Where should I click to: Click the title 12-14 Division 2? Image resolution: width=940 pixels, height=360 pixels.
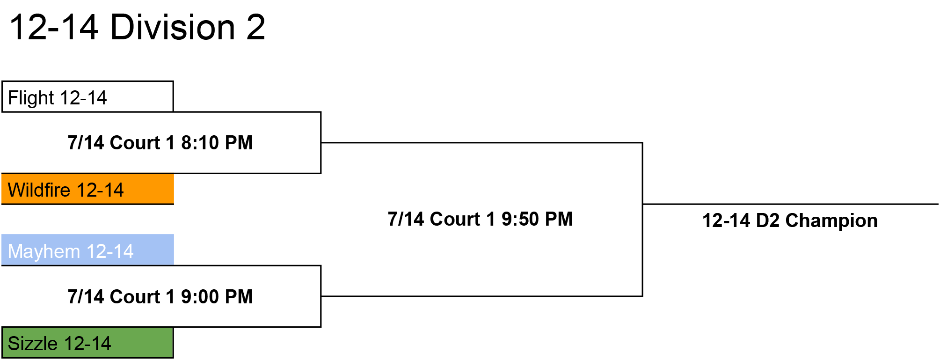(x=137, y=27)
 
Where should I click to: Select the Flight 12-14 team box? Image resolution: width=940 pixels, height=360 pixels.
(x=87, y=97)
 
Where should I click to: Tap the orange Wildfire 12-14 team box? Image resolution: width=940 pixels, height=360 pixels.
(x=87, y=189)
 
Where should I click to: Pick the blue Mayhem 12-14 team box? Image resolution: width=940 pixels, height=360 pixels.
(x=87, y=250)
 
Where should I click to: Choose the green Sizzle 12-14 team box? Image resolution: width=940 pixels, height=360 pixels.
(x=87, y=343)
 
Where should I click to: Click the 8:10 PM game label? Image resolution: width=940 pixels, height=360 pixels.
(x=160, y=143)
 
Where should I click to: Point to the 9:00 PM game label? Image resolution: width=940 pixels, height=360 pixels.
(x=160, y=297)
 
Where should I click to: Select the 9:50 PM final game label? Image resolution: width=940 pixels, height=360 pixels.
(x=480, y=219)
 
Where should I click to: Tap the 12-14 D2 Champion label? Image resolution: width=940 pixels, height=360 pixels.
(x=790, y=220)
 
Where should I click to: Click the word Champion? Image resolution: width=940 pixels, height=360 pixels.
(x=831, y=221)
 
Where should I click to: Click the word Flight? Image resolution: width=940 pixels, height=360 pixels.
(x=31, y=98)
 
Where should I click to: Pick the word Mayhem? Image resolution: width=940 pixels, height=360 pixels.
(x=44, y=252)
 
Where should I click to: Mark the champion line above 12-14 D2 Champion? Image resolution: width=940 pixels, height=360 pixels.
(x=790, y=204)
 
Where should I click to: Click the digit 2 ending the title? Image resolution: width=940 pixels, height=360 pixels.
(x=255, y=27)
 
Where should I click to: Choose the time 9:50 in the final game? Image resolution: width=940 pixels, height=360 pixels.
(x=520, y=219)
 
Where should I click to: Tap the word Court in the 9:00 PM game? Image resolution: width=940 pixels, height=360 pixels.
(x=135, y=297)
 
